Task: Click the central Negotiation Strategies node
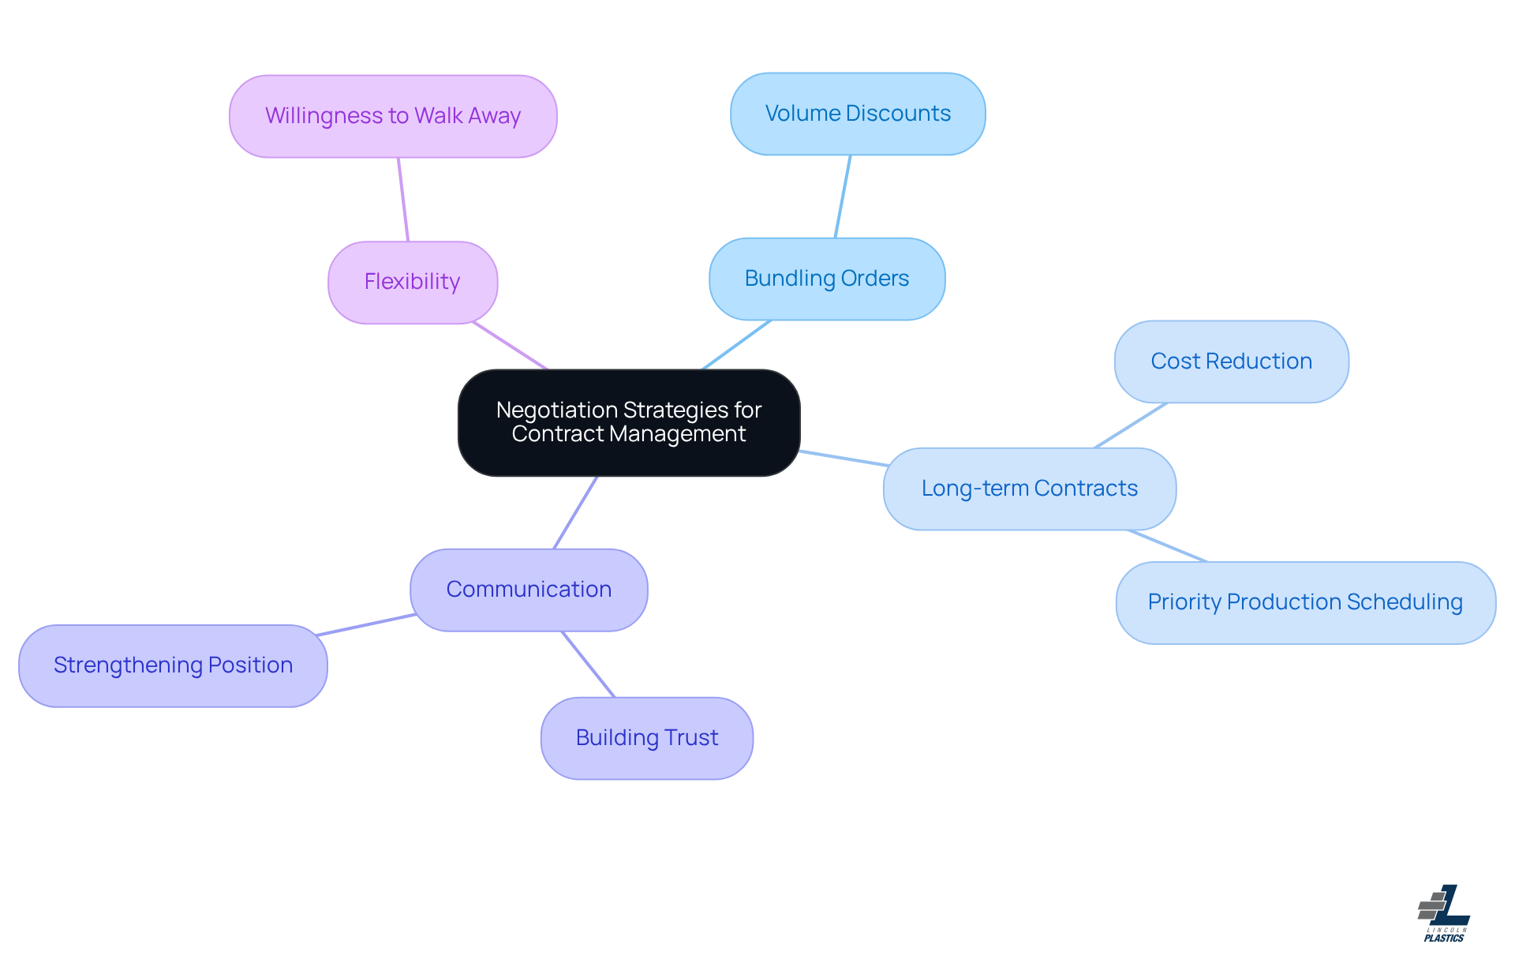pos(629,422)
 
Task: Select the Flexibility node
pos(412,282)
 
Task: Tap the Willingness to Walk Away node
pos(393,116)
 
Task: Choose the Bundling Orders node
pos(826,279)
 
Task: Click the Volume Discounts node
pos(858,114)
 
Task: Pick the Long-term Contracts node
pos(1029,489)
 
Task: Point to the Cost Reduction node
pos(1231,361)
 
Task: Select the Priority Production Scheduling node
pos(1305,602)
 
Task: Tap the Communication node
pos(529,590)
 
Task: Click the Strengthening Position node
pos(173,665)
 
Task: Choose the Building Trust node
pos(646,738)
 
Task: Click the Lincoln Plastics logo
pos(1444,913)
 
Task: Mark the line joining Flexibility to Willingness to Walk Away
pos(403,200)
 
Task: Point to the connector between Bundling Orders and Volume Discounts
pos(843,197)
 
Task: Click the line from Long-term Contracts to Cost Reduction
pos(1131,425)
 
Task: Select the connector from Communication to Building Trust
pos(588,664)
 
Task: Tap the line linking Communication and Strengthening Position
pos(365,624)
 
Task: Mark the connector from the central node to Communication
pos(575,512)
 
